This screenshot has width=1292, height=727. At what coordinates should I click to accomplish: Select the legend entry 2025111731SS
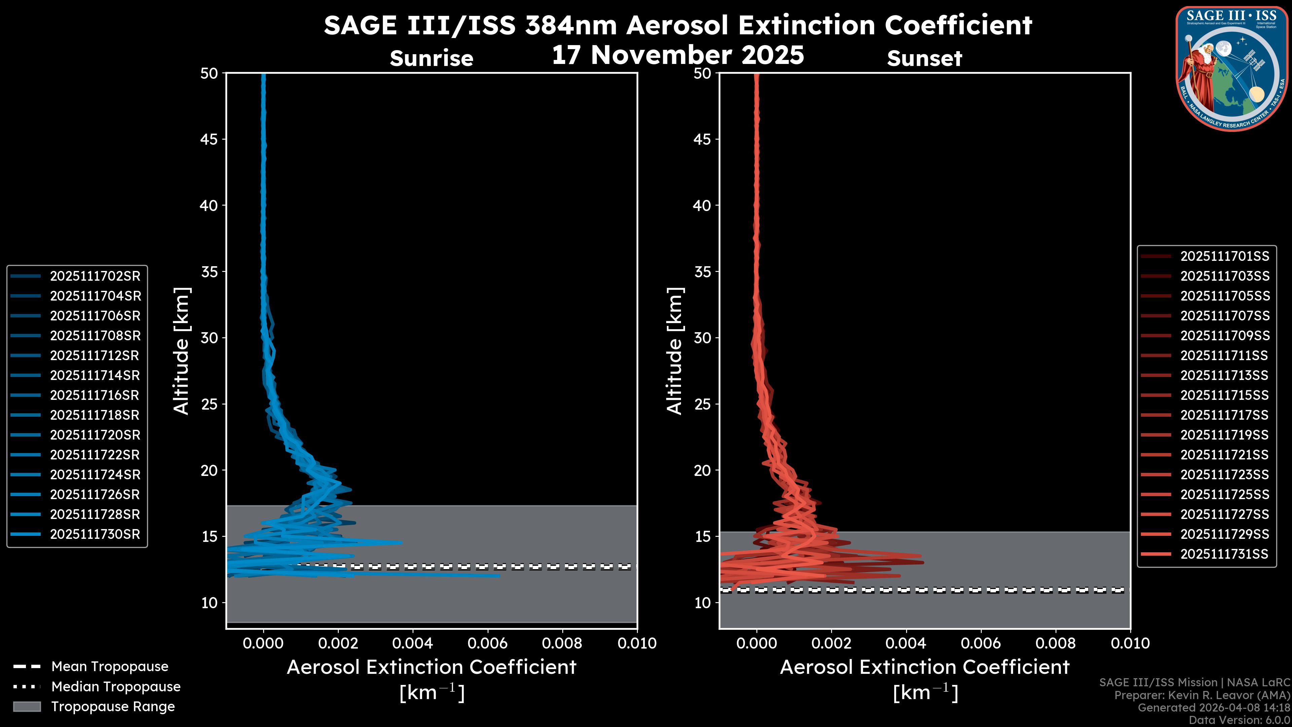click(x=1224, y=554)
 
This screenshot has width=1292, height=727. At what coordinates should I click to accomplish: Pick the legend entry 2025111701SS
click(x=1224, y=256)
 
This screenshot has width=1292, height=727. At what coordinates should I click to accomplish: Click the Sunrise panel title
click(x=431, y=59)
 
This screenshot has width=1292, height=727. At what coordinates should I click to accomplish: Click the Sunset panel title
click(x=924, y=59)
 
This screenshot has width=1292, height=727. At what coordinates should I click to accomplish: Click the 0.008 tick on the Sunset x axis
click(x=1056, y=643)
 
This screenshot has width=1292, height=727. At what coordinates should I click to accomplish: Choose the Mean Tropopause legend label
click(x=110, y=667)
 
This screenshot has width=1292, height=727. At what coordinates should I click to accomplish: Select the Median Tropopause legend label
click(x=116, y=687)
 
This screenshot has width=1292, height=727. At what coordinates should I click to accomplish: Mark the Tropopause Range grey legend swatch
click(x=27, y=706)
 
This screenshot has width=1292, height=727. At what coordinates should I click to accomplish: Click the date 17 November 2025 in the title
click(x=678, y=55)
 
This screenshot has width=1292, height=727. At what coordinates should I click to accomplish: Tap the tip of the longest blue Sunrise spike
click(x=499, y=576)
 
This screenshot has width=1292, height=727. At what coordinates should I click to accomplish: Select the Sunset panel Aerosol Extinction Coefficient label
click(x=924, y=667)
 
